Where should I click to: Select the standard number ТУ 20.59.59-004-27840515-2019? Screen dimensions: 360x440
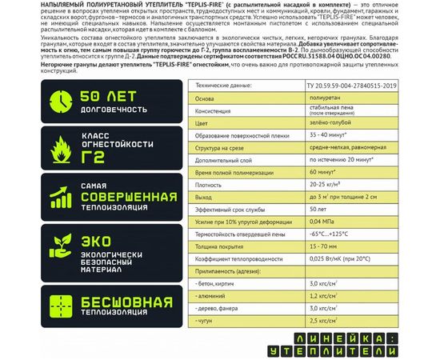(361, 84)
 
